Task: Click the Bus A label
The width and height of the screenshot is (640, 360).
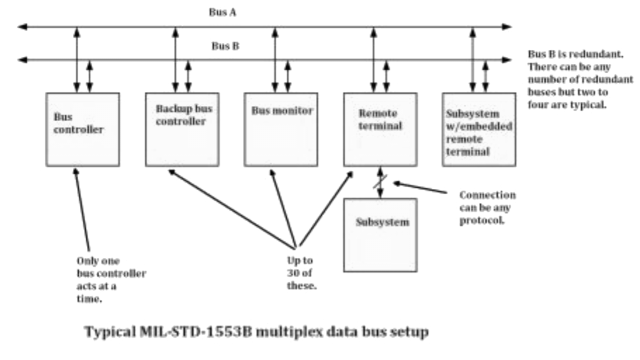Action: (222, 13)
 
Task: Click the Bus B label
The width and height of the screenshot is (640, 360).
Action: (225, 46)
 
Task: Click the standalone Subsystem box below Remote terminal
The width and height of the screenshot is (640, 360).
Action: (380, 235)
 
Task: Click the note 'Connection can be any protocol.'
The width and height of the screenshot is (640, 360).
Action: (487, 207)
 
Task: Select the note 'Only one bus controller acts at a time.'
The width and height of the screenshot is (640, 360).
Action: (110, 279)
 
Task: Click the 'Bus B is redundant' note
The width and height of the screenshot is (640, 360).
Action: (579, 79)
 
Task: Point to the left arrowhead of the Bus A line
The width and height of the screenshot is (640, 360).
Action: (22, 26)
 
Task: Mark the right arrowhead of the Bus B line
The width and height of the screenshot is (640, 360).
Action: (507, 60)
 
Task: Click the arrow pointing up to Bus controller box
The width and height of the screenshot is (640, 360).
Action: (82, 210)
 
